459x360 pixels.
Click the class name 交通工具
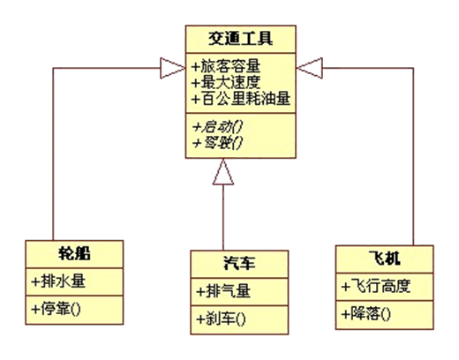[241, 39]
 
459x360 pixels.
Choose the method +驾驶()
[219, 139]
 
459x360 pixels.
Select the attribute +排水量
[61, 282]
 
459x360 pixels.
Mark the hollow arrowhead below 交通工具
[224, 176]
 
